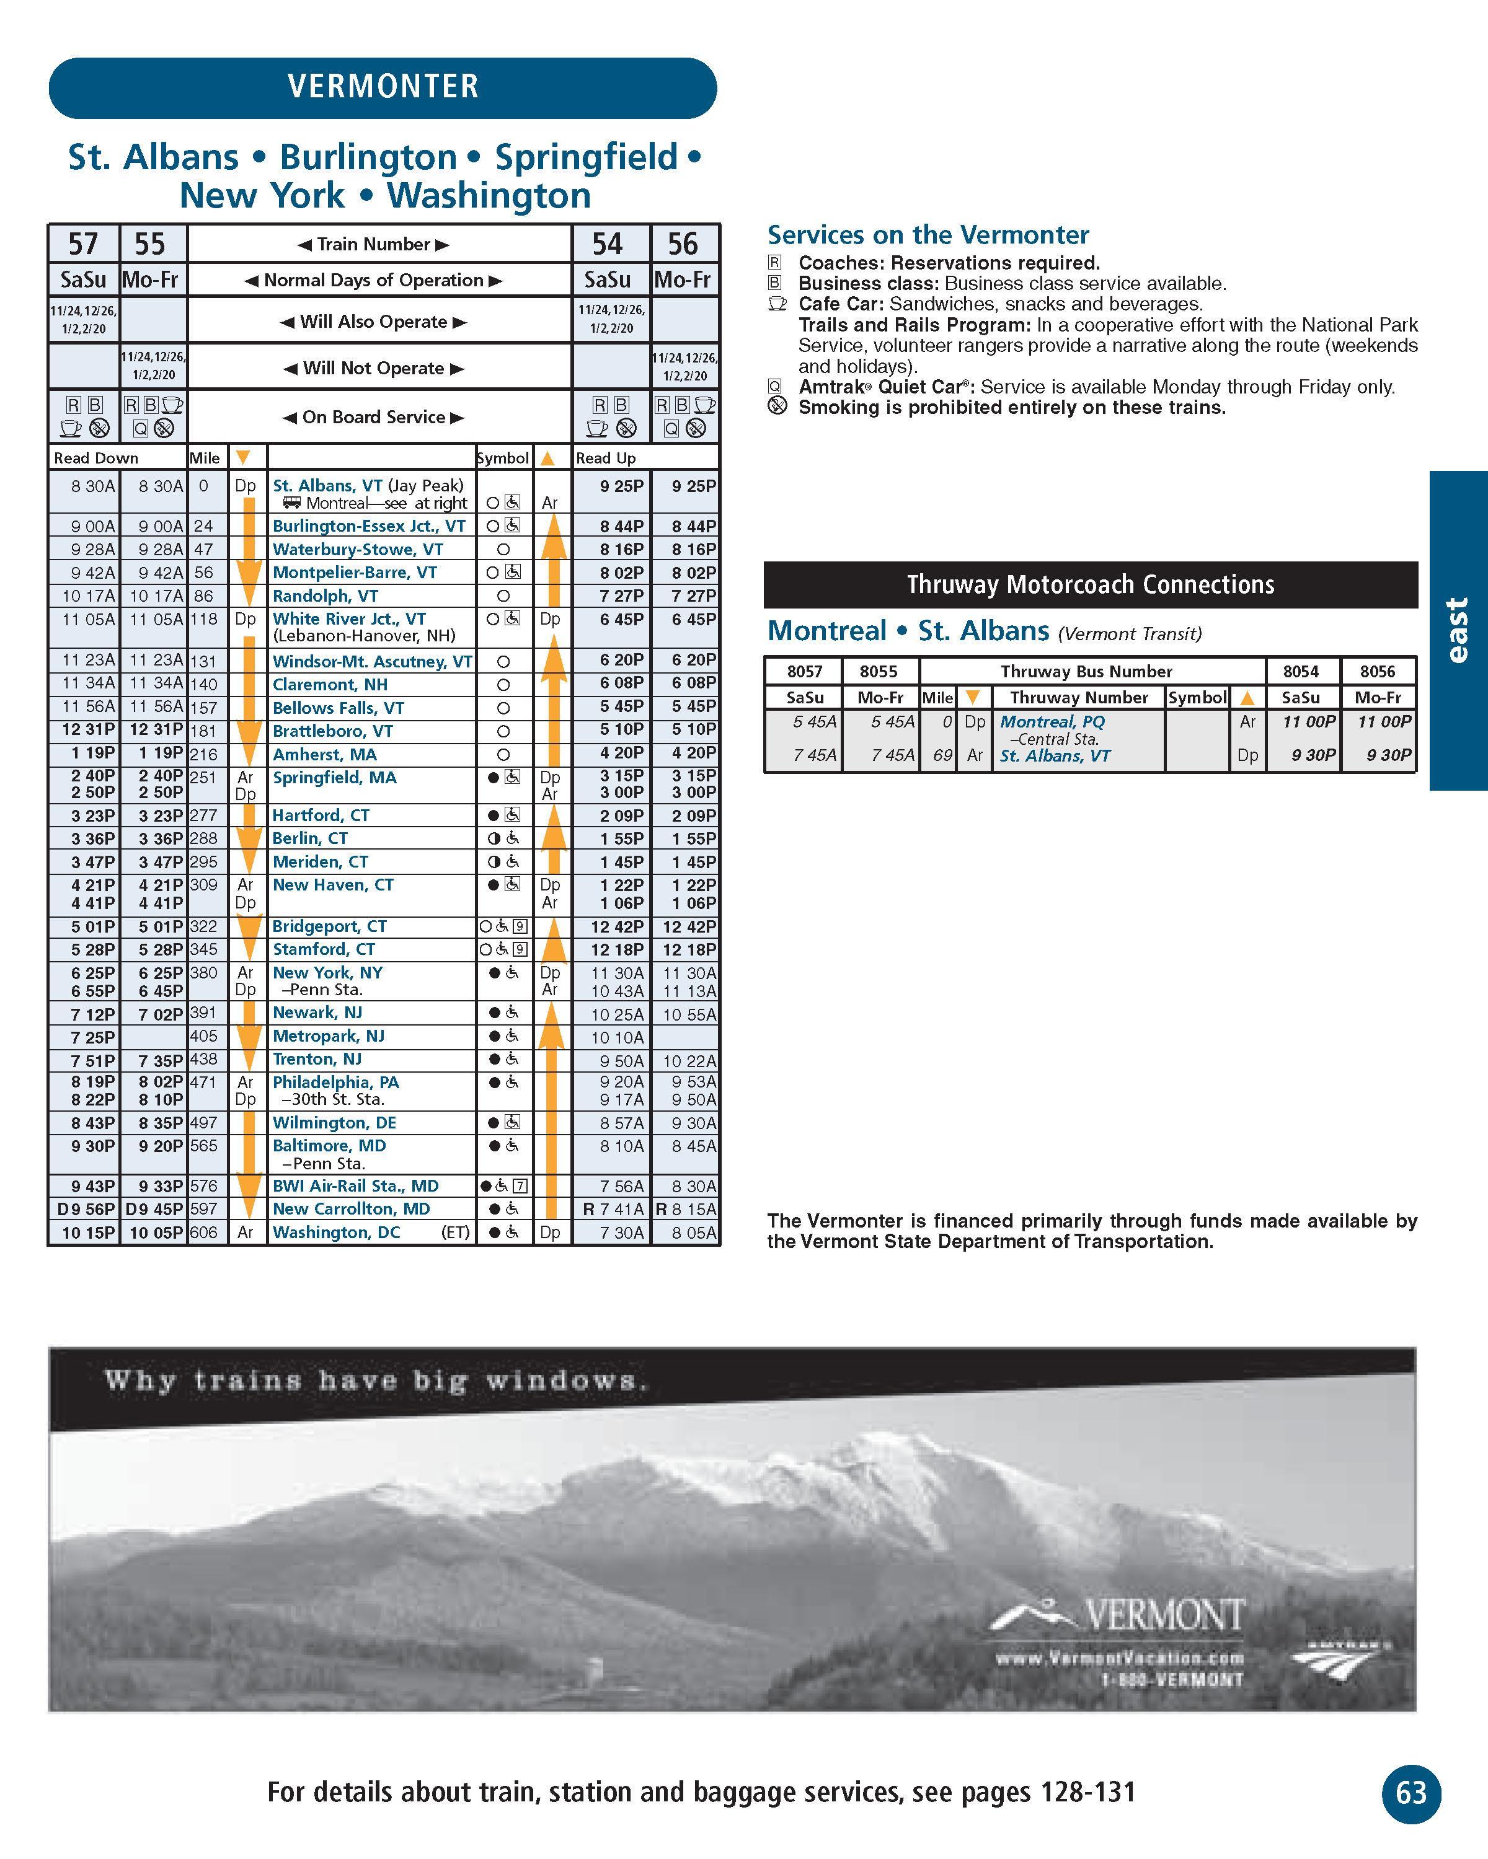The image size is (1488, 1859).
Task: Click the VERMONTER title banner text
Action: click(383, 86)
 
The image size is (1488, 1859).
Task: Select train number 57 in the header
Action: click(84, 244)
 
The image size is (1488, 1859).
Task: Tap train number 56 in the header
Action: click(683, 244)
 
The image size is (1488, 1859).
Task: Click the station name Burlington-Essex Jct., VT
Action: click(369, 526)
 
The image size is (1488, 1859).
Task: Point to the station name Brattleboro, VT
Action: click(333, 731)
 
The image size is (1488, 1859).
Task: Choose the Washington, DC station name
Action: click(337, 1232)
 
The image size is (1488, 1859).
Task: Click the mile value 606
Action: click(203, 1232)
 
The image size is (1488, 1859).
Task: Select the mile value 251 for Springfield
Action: click(203, 777)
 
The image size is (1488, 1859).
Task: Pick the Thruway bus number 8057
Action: click(804, 672)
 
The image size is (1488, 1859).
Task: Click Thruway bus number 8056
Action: click(1378, 672)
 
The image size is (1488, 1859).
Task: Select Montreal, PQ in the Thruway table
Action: click(1052, 722)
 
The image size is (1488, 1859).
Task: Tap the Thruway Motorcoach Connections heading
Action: click(1091, 584)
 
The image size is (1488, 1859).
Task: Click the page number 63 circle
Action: click(1411, 1793)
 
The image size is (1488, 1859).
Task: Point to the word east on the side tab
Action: click(1457, 630)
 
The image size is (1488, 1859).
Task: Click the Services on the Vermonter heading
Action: click(928, 234)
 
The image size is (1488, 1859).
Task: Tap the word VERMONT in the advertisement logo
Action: click(1164, 1615)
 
